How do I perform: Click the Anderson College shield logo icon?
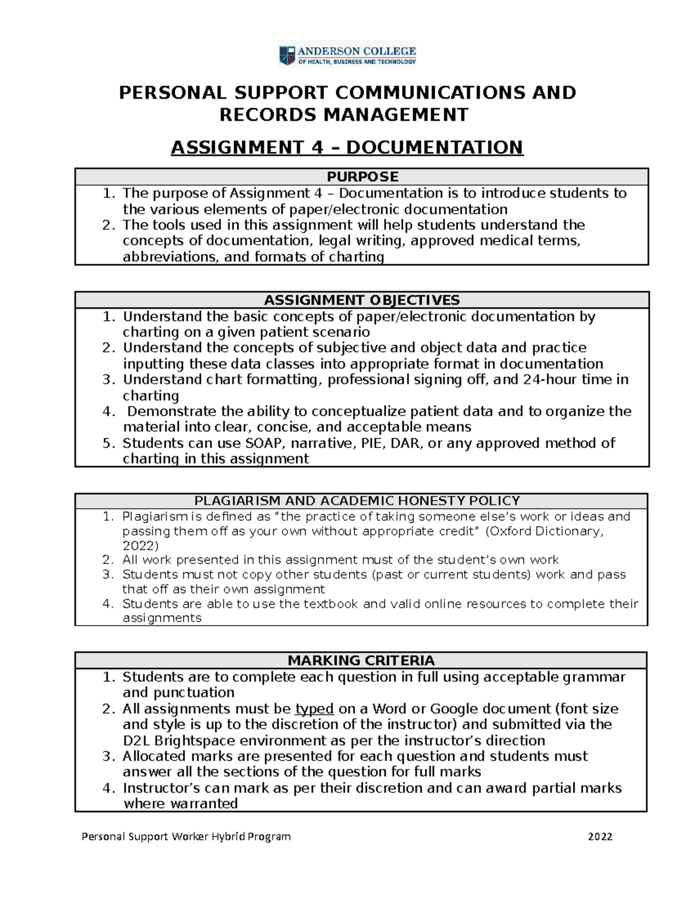coord(287,56)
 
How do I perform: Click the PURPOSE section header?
coord(362,177)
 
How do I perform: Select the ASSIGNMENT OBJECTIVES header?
coord(362,300)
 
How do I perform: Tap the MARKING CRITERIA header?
coord(361,661)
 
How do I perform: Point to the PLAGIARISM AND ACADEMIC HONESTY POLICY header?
coord(357,501)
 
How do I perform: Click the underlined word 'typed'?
coord(314,709)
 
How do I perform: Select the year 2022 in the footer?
coord(600,836)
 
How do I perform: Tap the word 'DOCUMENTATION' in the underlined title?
coord(434,148)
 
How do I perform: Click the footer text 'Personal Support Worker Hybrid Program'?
coord(186,836)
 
